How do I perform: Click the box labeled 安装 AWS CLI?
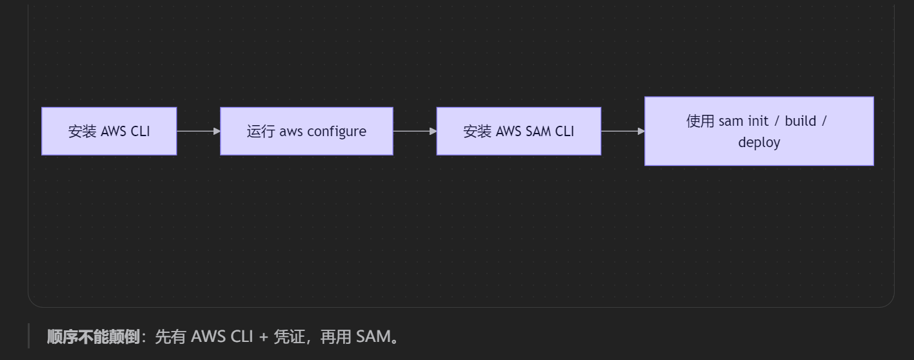tap(109, 131)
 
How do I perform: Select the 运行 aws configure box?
tap(306, 131)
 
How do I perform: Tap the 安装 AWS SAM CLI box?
tap(519, 131)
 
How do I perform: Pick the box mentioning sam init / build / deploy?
tap(759, 131)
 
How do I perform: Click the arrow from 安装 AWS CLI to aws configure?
tap(198, 131)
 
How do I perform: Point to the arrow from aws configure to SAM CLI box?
tap(414, 131)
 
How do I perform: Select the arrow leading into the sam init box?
tap(622, 131)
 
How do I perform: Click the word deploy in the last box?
tap(759, 143)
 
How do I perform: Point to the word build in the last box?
tap(800, 121)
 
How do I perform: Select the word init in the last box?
tap(758, 121)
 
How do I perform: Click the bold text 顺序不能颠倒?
tap(93, 337)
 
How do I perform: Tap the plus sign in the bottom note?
tap(263, 337)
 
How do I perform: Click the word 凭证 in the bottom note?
tap(288, 337)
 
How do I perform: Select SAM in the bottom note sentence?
tap(373, 337)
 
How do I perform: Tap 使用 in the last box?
tap(700, 121)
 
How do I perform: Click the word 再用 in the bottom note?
tap(335, 337)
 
